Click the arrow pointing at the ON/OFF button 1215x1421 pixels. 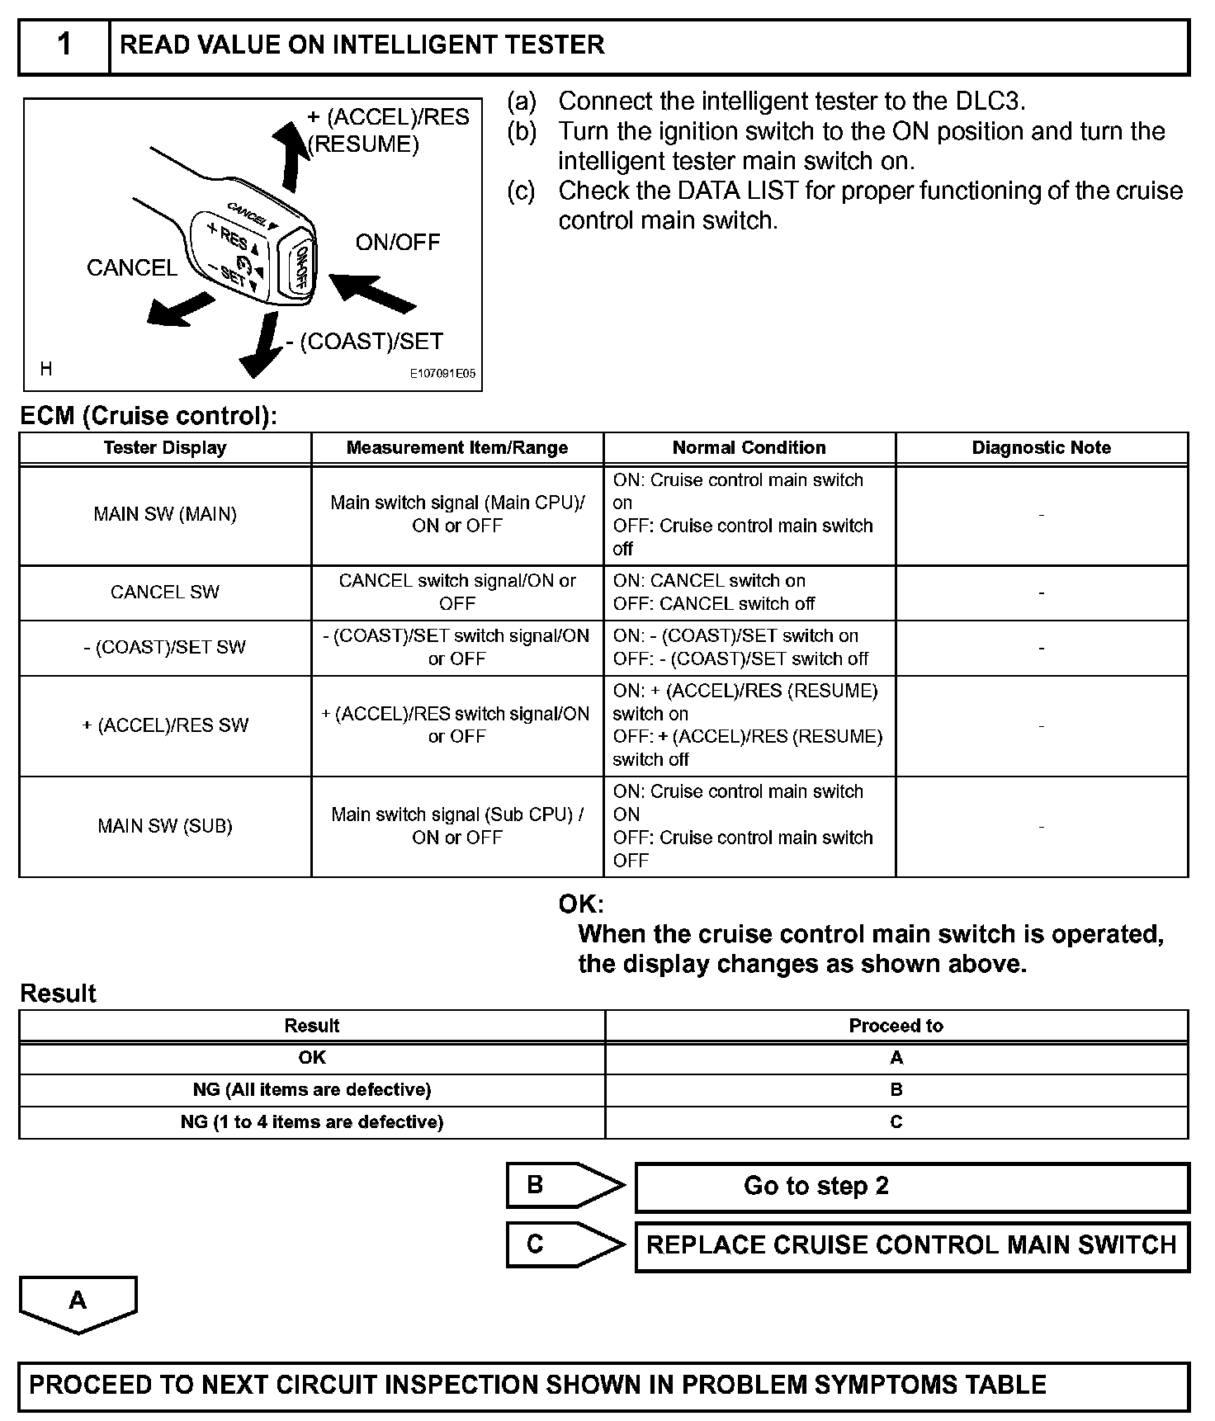[x=373, y=294]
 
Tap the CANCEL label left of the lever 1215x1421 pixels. [x=132, y=267]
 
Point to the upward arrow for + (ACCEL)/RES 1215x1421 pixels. [x=290, y=155]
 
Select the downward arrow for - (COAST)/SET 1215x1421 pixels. [x=262, y=347]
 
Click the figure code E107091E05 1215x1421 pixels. [x=443, y=374]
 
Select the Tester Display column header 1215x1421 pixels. [x=165, y=448]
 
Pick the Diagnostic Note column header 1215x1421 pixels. [x=1041, y=448]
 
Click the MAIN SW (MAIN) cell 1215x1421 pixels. [x=165, y=515]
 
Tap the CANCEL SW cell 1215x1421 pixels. [x=165, y=592]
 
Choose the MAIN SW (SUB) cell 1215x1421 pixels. [x=165, y=826]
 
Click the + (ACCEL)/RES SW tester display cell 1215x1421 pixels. [x=165, y=725]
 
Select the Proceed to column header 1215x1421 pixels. [x=896, y=1026]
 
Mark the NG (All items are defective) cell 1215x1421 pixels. [x=312, y=1090]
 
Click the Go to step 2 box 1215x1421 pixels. [x=911, y=1187]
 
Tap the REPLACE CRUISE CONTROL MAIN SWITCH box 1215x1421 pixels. [x=911, y=1245]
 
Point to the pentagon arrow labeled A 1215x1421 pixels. [x=78, y=1303]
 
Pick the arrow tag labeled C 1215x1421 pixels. [x=564, y=1244]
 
